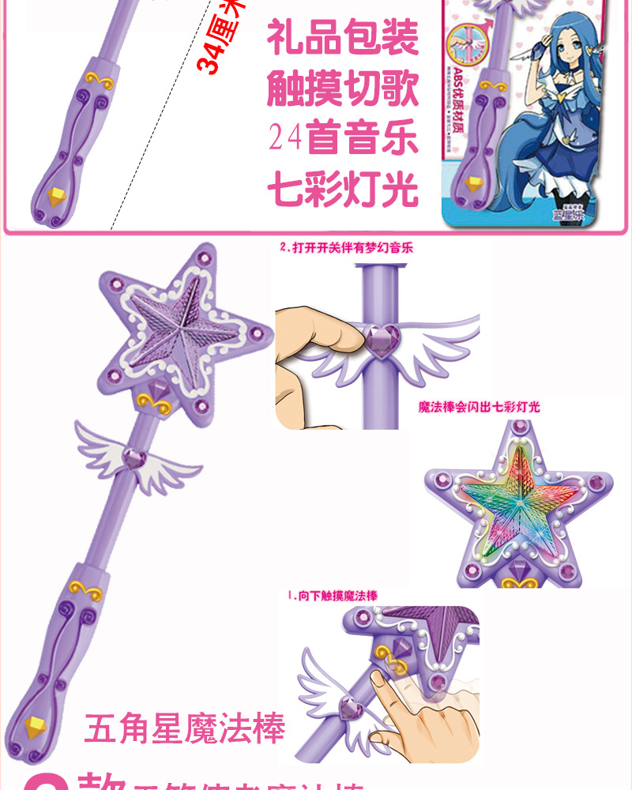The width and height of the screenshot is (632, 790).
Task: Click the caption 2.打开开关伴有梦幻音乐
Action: [x=346, y=247]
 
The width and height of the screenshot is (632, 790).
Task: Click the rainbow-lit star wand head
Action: [x=517, y=501]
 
